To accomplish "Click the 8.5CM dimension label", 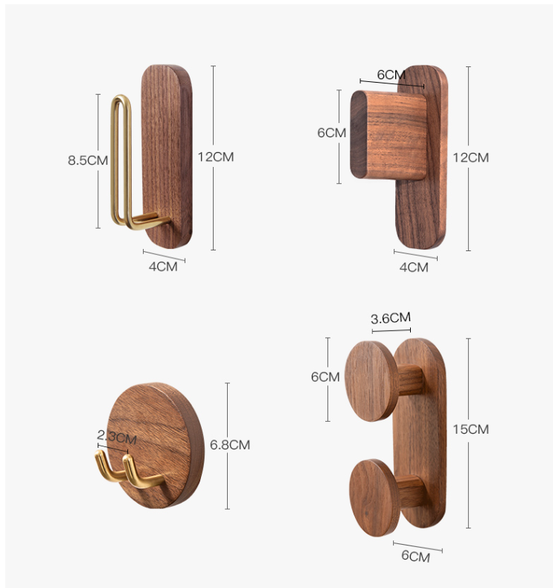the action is (88, 160).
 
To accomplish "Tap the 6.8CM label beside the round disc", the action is (229, 445).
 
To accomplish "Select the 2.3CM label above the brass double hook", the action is (116, 437).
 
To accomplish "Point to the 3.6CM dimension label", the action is (391, 318).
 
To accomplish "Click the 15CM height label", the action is (470, 429).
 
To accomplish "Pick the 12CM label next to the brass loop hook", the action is (216, 157).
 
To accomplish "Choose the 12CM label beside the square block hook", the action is (470, 157).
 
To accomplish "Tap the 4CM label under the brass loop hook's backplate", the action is (163, 267).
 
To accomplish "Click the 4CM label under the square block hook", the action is (414, 268).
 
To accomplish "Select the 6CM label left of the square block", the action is (331, 133).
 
